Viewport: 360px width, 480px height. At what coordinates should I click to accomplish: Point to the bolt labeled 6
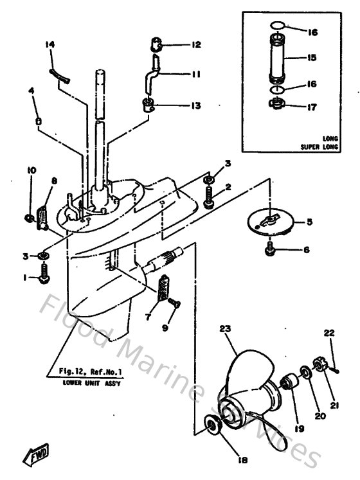pyautogui.click(x=270, y=247)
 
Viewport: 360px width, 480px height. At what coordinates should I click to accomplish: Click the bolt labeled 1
pyautogui.click(x=44, y=278)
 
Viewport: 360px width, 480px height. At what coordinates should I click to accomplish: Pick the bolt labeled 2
pyautogui.click(x=210, y=195)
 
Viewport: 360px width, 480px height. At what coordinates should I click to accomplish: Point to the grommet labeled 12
pyautogui.click(x=154, y=46)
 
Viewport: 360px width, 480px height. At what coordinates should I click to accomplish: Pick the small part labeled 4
pyautogui.click(x=39, y=120)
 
